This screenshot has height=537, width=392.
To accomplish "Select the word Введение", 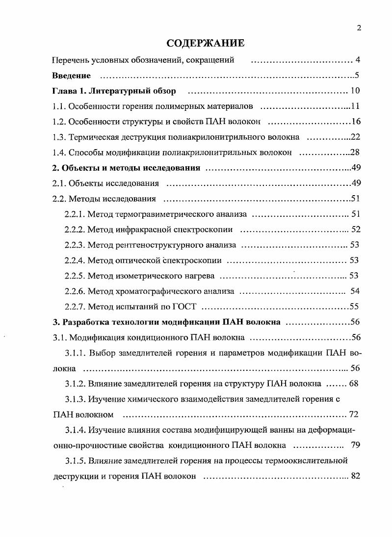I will [72, 76].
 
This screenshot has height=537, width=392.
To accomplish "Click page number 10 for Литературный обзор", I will [356, 91].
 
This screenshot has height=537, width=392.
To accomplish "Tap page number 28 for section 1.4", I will [356, 153].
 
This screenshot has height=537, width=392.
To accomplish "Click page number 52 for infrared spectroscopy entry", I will [356, 230].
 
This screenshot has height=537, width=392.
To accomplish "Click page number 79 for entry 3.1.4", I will [356, 445].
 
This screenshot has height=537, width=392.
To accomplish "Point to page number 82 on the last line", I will [356, 476].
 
